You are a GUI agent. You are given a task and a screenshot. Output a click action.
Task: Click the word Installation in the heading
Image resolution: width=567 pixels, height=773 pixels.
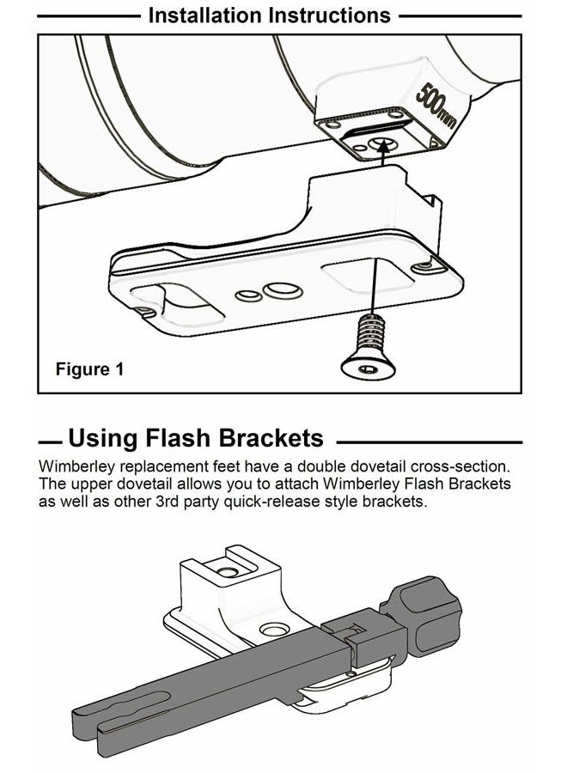click(205, 15)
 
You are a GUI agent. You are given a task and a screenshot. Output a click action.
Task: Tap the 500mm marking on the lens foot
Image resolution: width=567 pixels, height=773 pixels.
click(436, 106)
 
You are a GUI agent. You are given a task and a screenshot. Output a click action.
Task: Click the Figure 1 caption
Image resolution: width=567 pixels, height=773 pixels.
click(89, 368)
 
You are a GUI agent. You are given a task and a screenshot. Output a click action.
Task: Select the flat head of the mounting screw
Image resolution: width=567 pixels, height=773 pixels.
click(369, 368)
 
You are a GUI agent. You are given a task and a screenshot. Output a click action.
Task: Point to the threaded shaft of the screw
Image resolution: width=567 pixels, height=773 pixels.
click(370, 333)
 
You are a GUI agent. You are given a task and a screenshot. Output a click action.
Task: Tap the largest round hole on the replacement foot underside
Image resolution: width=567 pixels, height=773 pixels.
click(283, 290)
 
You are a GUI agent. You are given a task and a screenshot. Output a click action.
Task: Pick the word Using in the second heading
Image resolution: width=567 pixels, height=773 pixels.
click(102, 438)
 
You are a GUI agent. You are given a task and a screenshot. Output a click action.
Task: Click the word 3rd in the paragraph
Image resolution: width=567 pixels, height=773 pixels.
click(166, 502)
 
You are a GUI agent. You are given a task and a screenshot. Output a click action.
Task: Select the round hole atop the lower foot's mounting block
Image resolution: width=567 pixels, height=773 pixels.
click(228, 572)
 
